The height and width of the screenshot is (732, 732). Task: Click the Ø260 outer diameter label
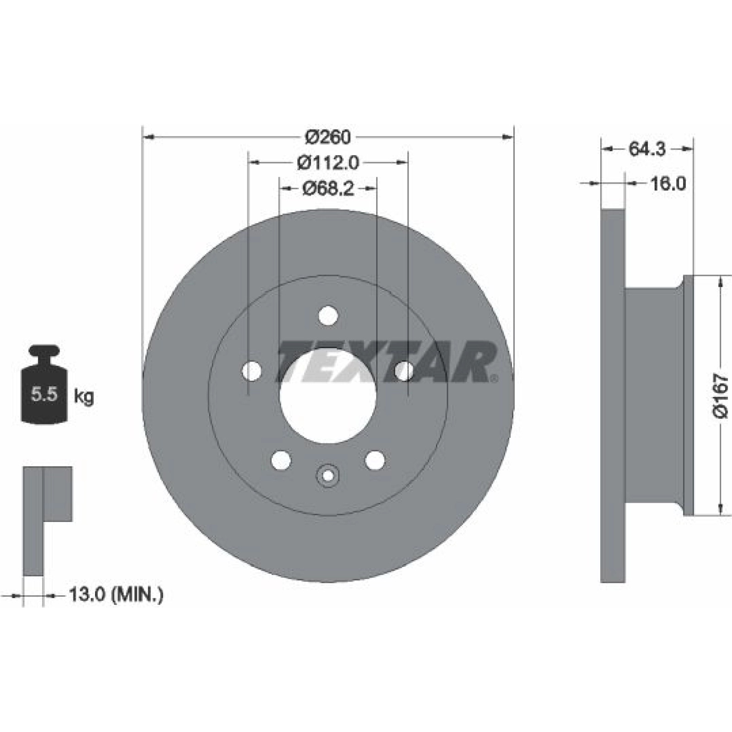[x=328, y=137]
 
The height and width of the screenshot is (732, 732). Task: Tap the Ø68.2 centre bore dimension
[x=328, y=188]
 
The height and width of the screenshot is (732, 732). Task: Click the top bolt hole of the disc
[x=328, y=315]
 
